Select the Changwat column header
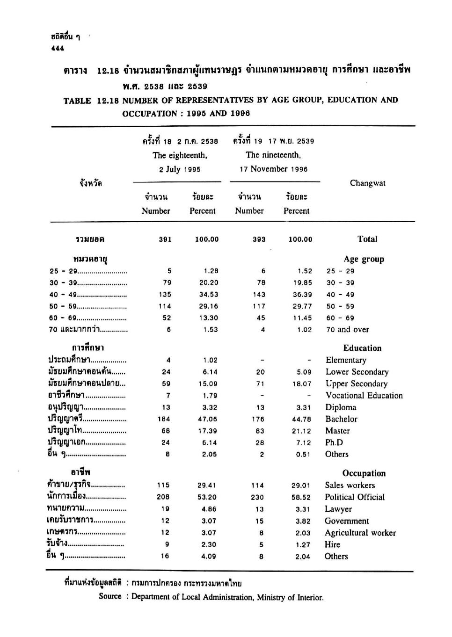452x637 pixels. pyautogui.click(x=367, y=183)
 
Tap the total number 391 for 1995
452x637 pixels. pyautogui.click(x=165, y=239)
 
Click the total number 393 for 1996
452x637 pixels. pyautogui.click(x=259, y=239)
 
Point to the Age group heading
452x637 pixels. pyautogui.click(x=364, y=259)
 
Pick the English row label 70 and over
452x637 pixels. pyautogui.click(x=348, y=329)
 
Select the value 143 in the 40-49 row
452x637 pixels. pyautogui.click(x=259, y=294)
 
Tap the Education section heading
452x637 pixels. pyautogui.click(x=362, y=348)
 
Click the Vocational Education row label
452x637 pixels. pyautogui.click(x=364, y=395)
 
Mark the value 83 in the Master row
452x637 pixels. pyautogui.click(x=260, y=431)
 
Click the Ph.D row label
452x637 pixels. pyautogui.click(x=334, y=442)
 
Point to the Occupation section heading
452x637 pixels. pyautogui.click(x=364, y=473)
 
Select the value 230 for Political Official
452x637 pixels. pyautogui.click(x=257, y=497)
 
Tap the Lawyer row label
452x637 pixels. pyautogui.click(x=338, y=509)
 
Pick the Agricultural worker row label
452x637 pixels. pyautogui.click(x=360, y=533)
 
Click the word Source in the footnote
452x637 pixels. pyautogui.click(x=110, y=596)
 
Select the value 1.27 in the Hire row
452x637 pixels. pyautogui.click(x=303, y=544)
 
